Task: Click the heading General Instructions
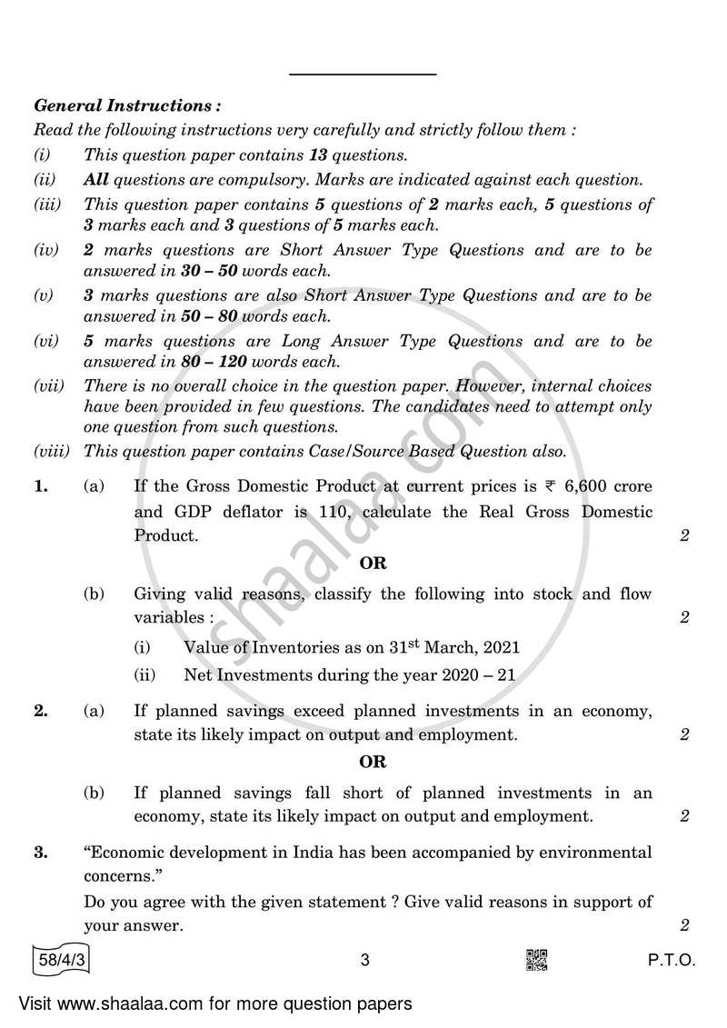point(126,106)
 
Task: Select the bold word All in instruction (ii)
point(95,180)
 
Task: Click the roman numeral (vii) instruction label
point(49,385)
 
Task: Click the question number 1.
point(40,487)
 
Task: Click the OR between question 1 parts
point(373,563)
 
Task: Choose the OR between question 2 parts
point(373,762)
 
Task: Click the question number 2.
point(40,711)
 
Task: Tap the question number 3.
point(40,853)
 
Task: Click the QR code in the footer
point(537,959)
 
